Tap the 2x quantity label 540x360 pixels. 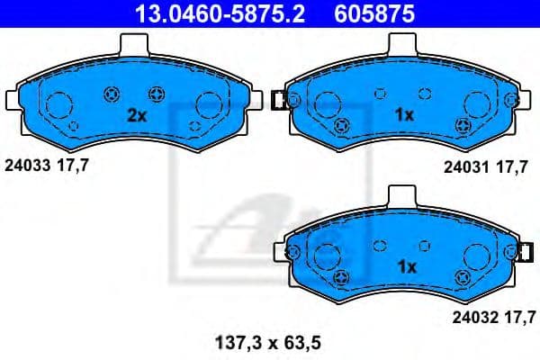(136, 115)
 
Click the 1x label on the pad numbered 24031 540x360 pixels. (405, 115)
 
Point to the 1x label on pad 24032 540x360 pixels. (407, 266)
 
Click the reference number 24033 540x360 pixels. (28, 165)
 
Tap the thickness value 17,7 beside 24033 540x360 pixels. (73, 165)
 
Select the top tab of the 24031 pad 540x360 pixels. (401, 43)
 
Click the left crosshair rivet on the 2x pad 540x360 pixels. (112, 92)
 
